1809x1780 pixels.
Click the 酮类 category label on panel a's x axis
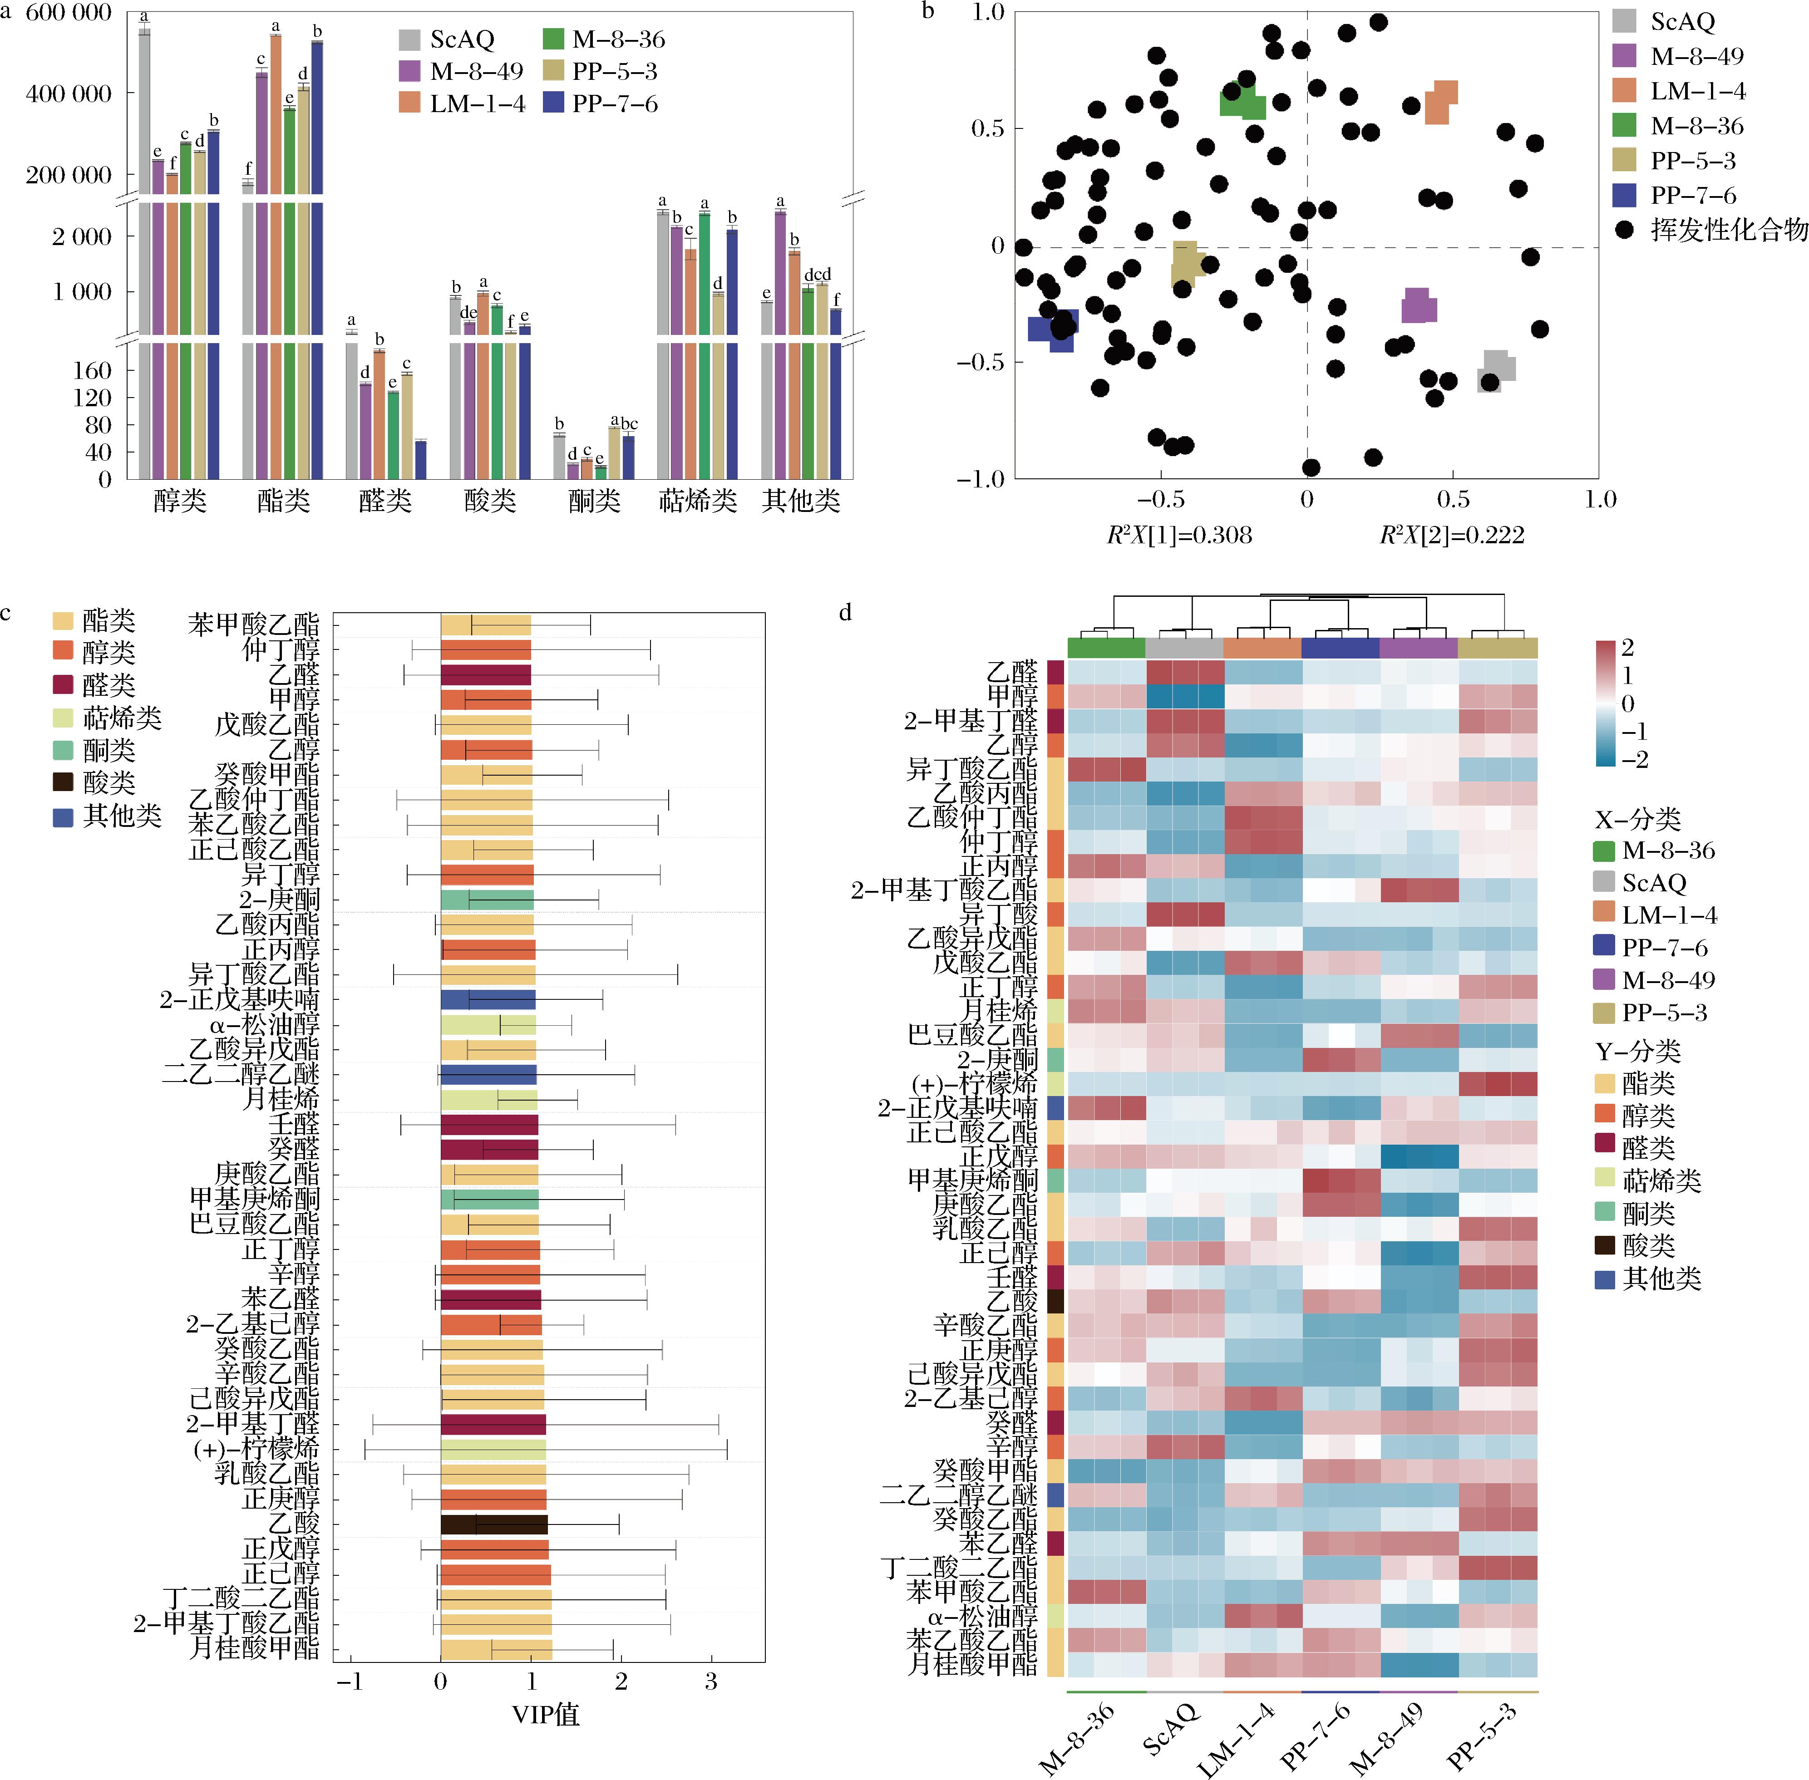coord(595,501)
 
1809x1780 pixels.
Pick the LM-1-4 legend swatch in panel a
coord(409,104)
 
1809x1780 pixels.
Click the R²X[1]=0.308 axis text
coord(1179,535)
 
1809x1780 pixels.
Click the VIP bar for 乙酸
coord(493,1525)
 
